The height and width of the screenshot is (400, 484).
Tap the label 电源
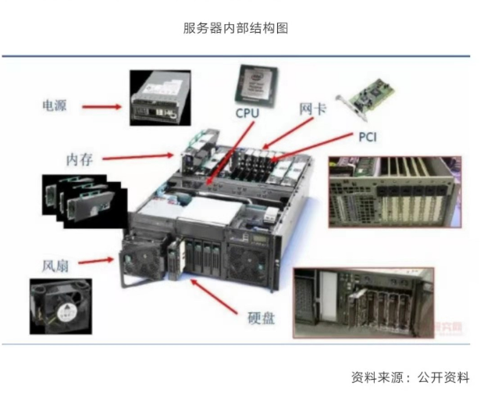54,105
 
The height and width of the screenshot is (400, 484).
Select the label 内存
80,159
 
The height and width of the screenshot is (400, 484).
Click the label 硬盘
261,319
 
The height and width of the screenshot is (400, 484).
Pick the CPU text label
247,112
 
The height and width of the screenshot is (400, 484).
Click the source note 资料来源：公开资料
410,377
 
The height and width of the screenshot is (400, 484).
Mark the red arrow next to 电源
101,105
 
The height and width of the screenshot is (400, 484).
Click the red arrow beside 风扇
97,261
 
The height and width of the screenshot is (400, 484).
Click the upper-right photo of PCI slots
394,191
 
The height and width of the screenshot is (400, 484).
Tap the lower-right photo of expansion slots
363,303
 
